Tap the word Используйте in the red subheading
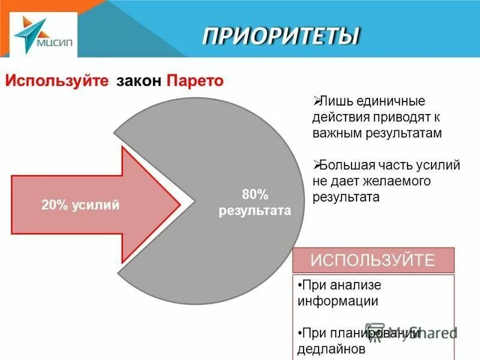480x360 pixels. pos(57,80)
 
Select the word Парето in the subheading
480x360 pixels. pos(195,80)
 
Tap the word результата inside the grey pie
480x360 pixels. pos(254,211)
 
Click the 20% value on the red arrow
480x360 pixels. pos(54,205)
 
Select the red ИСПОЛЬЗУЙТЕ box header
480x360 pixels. pos(372,260)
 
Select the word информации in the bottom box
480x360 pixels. pos(338,301)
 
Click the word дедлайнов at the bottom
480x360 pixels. pos(331,347)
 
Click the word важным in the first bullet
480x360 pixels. pos(337,133)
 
